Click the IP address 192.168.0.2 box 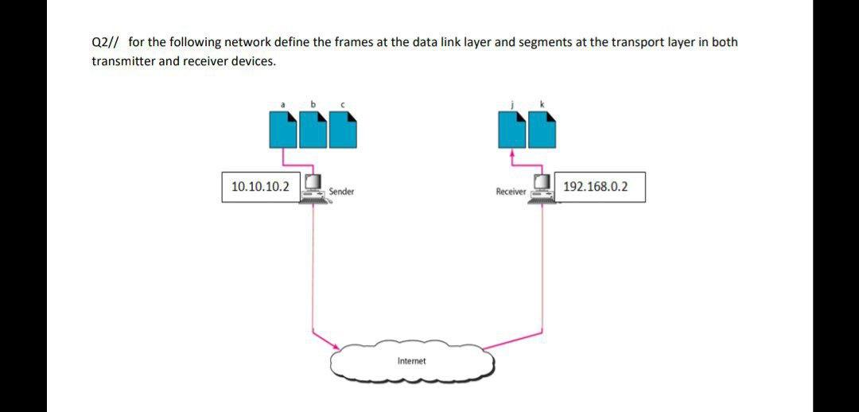click(600, 187)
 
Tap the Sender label click(341, 192)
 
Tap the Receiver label click(511, 192)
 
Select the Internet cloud click(412, 362)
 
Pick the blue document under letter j click(512, 130)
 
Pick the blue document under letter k click(542, 130)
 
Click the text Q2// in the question click(106, 42)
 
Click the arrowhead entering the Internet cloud click(336, 347)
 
